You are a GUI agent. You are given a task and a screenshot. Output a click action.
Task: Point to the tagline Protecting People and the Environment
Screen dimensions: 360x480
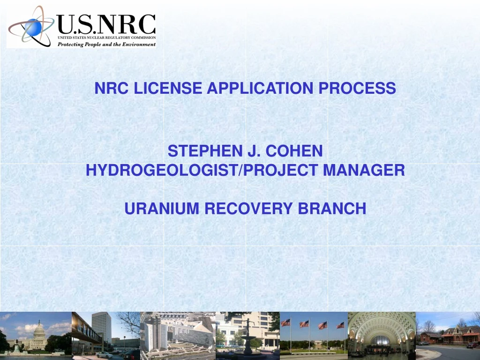[x=106, y=44]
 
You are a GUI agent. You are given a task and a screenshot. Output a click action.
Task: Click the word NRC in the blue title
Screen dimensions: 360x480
[x=112, y=88]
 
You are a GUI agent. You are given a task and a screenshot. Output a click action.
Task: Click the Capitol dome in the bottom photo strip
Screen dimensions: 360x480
[x=39, y=330]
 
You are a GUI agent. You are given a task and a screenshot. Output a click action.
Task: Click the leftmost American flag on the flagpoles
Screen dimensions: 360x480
[x=285, y=322]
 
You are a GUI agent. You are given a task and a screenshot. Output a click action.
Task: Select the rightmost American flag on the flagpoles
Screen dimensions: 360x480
[x=340, y=325]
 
